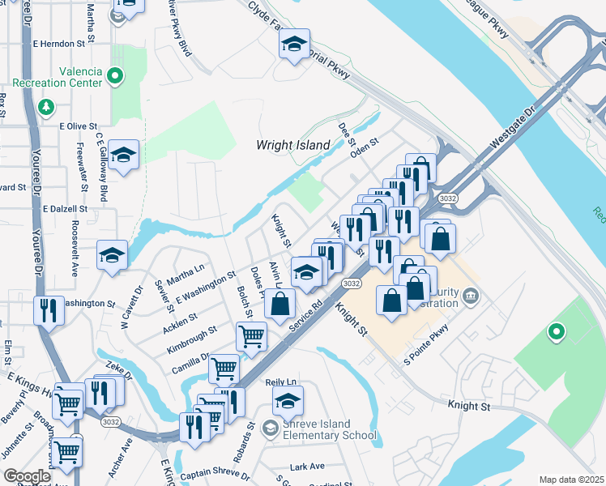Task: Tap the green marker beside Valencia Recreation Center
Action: [x=115, y=78]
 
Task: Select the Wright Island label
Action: [x=293, y=146]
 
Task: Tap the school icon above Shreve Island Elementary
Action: [x=288, y=401]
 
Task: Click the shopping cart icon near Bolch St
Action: [x=251, y=335]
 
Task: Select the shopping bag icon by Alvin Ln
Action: [x=280, y=305]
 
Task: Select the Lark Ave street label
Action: [x=307, y=467]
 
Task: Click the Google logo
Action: [x=26, y=476]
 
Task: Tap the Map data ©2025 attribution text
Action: [x=571, y=480]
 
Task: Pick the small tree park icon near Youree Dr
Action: [x=46, y=107]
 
